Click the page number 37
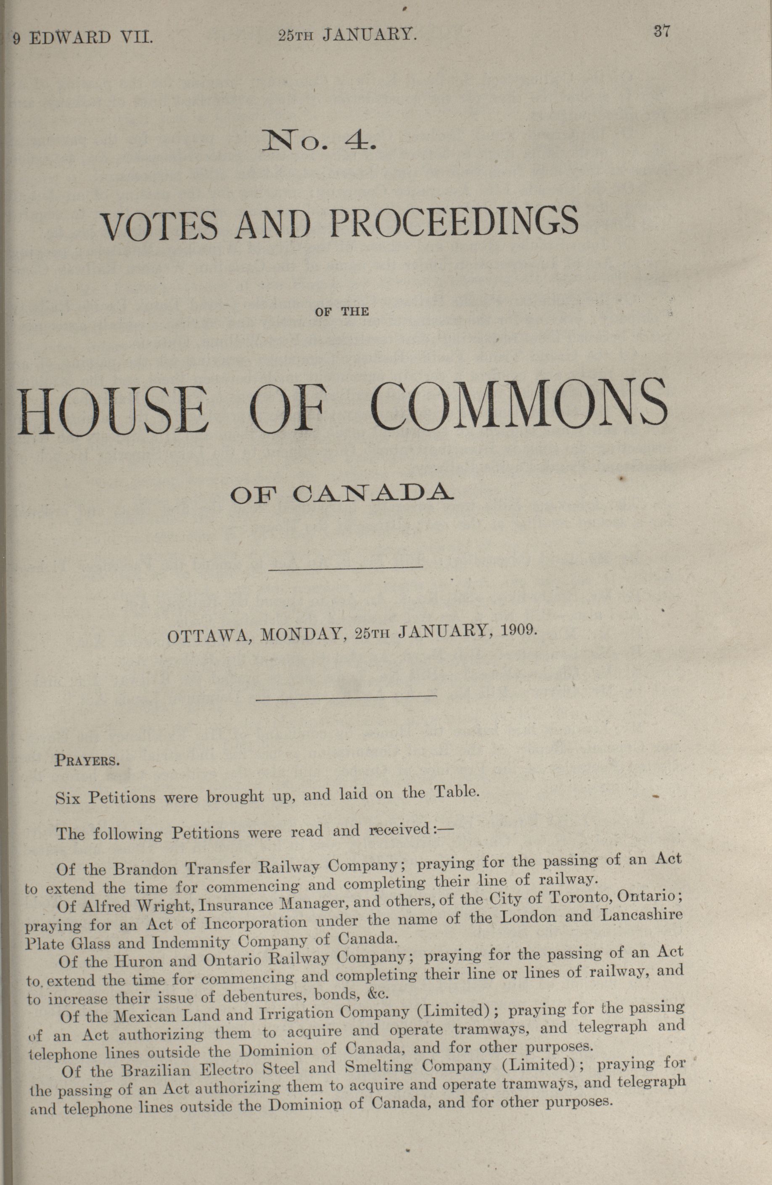[661, 32]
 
